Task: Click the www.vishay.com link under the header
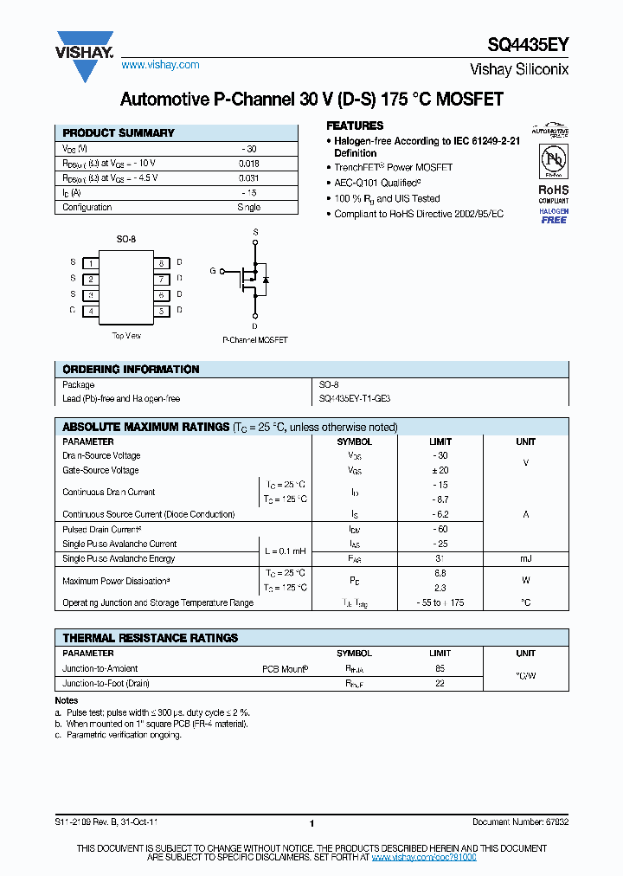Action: (x=160, y=65)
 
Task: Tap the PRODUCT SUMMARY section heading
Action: (x=119, y=133)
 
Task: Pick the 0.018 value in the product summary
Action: (x=248, y=163)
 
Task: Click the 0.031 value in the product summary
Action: (x=248, y=177)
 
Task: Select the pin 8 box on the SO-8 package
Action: (x=161, y=262)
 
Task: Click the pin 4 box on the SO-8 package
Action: (x=90, y=310)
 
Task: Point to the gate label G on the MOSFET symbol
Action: (x=213, y=271)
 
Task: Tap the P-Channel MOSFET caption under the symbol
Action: (x=254, y=340)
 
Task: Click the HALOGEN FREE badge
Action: (x=554, y=216)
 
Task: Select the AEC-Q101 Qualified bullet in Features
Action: (x=377, y=183)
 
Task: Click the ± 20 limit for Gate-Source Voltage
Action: (x=440, y=470)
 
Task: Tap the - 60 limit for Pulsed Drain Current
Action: (x=440, y=529)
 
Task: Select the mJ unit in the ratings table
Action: (x=525, y=559)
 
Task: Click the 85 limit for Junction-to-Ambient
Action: (x=440, y=668)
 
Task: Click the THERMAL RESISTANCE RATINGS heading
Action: (x=150, y=638)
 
